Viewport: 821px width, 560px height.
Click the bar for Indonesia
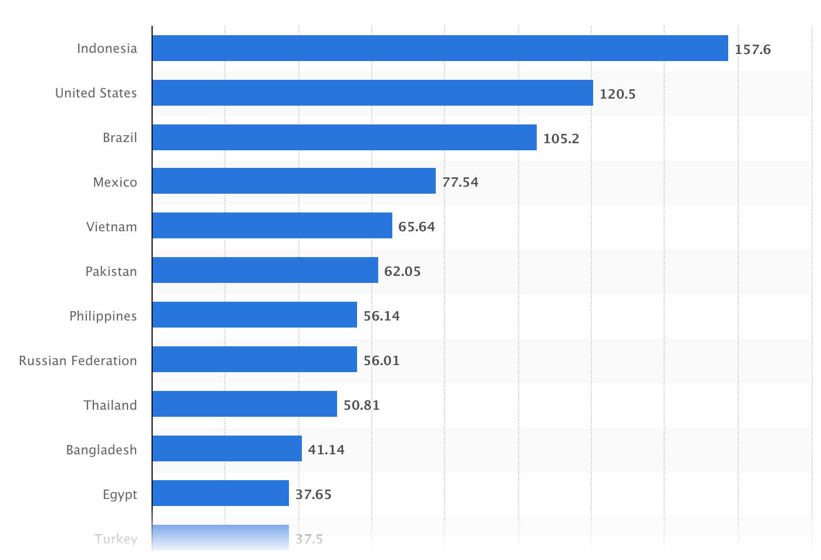point(440,48)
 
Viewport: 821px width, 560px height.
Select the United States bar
point(372,93)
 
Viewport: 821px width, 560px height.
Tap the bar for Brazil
point(344,137)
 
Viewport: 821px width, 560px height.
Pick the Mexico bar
point(294,181)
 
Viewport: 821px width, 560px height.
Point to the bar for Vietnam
point(272,225)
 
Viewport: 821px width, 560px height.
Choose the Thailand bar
point(244,404)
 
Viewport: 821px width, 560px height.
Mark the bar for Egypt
point(220,493)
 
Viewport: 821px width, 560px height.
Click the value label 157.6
point(752,49)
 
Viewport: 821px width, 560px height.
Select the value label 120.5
point(617,94)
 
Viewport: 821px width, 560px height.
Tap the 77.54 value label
point(460,182)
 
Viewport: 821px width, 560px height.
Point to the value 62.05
point(402,271)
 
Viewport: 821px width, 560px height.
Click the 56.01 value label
point(381,360)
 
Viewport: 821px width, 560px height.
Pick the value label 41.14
point(326,450)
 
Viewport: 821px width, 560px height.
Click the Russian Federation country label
point(78,360)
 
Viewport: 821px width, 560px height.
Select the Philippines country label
point(103,316)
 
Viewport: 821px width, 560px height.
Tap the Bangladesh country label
point(101,450)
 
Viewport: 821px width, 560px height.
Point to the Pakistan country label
point(111,271)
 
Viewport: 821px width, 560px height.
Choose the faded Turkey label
point(116,538)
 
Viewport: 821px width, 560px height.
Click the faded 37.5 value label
point(309,538)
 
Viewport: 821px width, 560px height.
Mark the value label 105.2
point(561,139)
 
